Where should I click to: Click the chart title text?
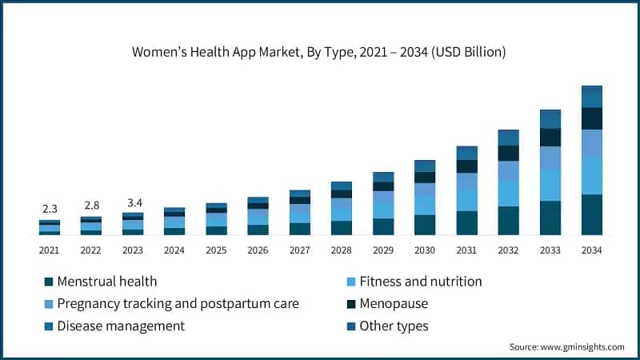click(x=319, y=53)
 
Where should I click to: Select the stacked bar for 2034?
click(x=592, y=160)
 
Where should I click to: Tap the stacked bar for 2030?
click(x=425, y=198)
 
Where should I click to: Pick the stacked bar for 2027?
click(x=300, y=213)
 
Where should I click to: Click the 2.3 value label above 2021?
click(x=50, y=208)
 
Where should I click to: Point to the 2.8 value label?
click(x=91, y=205)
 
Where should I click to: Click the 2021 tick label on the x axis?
click(x=50, y=250)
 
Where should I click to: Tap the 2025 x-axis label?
click(x=216, y=250)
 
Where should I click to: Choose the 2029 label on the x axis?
click(x=383, y=250)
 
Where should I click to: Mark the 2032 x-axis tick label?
click(x=508, y=250)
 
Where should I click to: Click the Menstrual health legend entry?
click(x=106, y=282)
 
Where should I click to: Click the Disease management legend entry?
click(x=120, y=326)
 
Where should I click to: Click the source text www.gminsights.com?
click(x=566, y=347)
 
